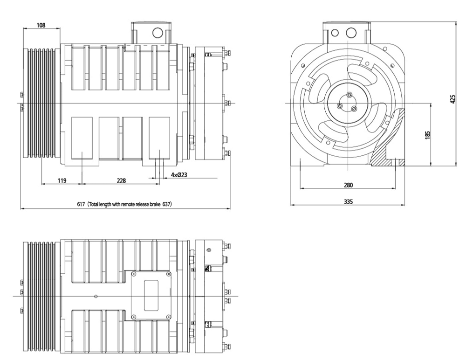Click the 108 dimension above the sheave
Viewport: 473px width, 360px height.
41,25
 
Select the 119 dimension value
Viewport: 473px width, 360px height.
62,180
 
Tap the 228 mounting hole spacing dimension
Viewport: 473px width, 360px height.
121,180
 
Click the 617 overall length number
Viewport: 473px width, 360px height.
81,204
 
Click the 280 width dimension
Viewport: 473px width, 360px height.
348,185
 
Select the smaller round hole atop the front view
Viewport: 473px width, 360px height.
334,33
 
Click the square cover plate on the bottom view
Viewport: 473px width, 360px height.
151,296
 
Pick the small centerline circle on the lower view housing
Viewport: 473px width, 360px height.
96,296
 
